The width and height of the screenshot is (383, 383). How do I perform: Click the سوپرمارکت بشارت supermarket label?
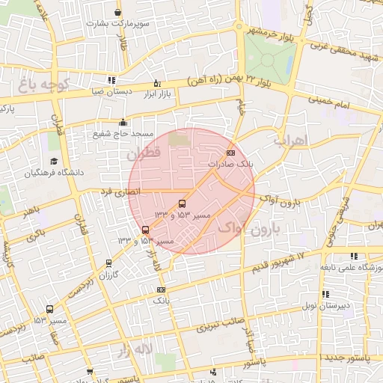pyautogui.click(x=117, y=23)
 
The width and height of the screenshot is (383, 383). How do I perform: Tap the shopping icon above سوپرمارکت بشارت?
pyautogui.click(x=117, y=13)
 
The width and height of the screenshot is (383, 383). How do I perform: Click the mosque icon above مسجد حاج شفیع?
pyautogui.click(x=123, y=123)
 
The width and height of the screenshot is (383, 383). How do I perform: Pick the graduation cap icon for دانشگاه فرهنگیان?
pyautogui.click(x=53, y=162)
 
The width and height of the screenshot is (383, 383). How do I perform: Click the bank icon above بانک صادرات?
pyautogui.click(x=230, y=152)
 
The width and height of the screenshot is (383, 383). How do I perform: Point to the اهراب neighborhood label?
pyautogui.click(x=291, y=139)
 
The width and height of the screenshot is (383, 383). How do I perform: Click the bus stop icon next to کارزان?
pyautogui.click(x=109, y=263)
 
